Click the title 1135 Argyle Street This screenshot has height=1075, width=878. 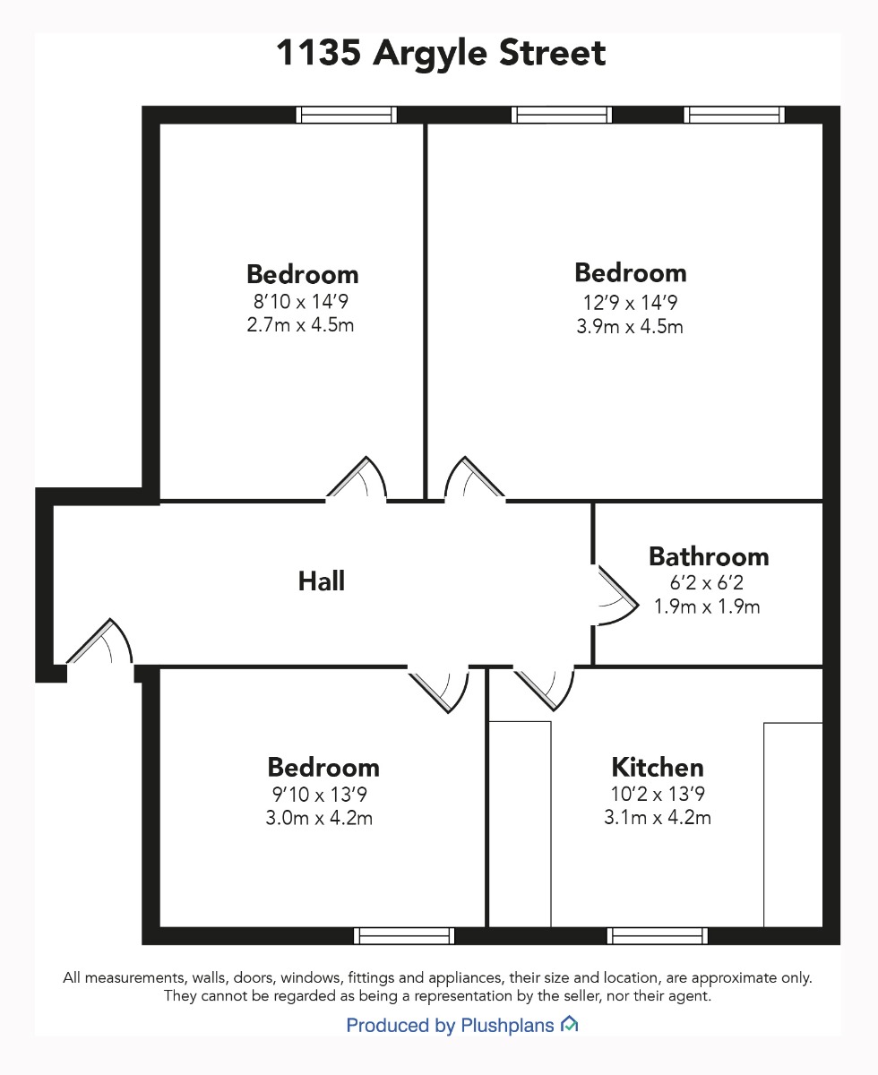point(441,54)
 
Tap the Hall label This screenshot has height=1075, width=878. point(322,581)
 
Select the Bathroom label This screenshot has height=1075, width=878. point(709,556)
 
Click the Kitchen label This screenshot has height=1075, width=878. point(658,767)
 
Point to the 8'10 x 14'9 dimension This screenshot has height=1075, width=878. point(301,302)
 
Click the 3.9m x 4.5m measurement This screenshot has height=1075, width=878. point(630,327)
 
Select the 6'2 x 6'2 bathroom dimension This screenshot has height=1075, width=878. point(707,582)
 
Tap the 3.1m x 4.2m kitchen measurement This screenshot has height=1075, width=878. point(658,818)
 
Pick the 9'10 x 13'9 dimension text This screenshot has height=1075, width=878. point(319,794)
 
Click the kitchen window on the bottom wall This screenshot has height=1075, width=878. point(658,936)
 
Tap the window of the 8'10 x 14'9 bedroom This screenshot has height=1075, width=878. point(346,116)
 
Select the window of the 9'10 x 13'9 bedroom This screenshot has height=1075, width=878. point(404,936)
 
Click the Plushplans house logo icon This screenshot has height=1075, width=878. point(569,1024)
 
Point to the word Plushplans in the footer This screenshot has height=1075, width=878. point(507,1026)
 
